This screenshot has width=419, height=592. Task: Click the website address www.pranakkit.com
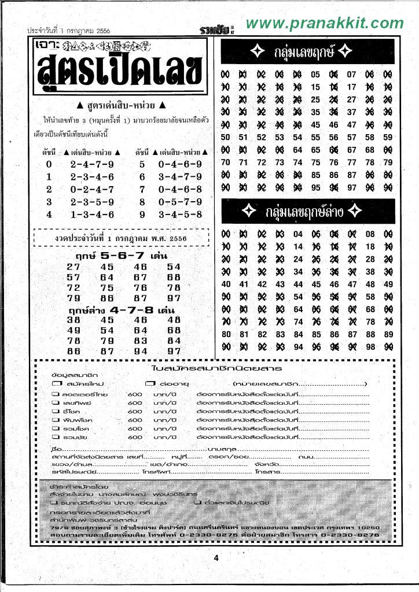click(324, 23)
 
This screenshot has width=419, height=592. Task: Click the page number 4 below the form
click(215, 558)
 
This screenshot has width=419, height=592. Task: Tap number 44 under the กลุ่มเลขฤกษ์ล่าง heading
click(298, 284)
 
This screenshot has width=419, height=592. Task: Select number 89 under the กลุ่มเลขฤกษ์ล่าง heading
click(388, 334)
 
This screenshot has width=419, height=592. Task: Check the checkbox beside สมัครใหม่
click(56, 384)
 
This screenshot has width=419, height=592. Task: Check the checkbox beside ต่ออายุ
click(150, 384)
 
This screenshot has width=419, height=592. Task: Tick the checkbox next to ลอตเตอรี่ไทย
click(56, 395)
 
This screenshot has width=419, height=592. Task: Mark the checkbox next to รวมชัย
click(56, 438)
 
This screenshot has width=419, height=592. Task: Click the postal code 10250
click(368, 528)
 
